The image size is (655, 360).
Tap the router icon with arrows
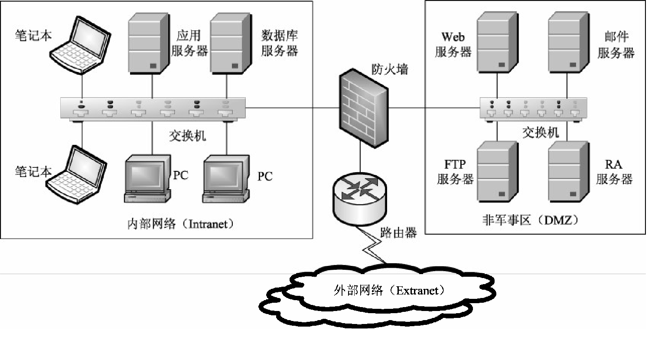(x=359, y=198)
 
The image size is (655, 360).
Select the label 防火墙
(x=390, y=69)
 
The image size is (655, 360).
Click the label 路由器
(x=398, y=233)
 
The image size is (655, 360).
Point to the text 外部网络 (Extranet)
(x=389, y=290)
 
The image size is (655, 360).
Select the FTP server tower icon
(x=497, y=172)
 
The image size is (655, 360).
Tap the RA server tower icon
(x=568, y=172)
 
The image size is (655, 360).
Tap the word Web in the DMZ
(x=453, y=37)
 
